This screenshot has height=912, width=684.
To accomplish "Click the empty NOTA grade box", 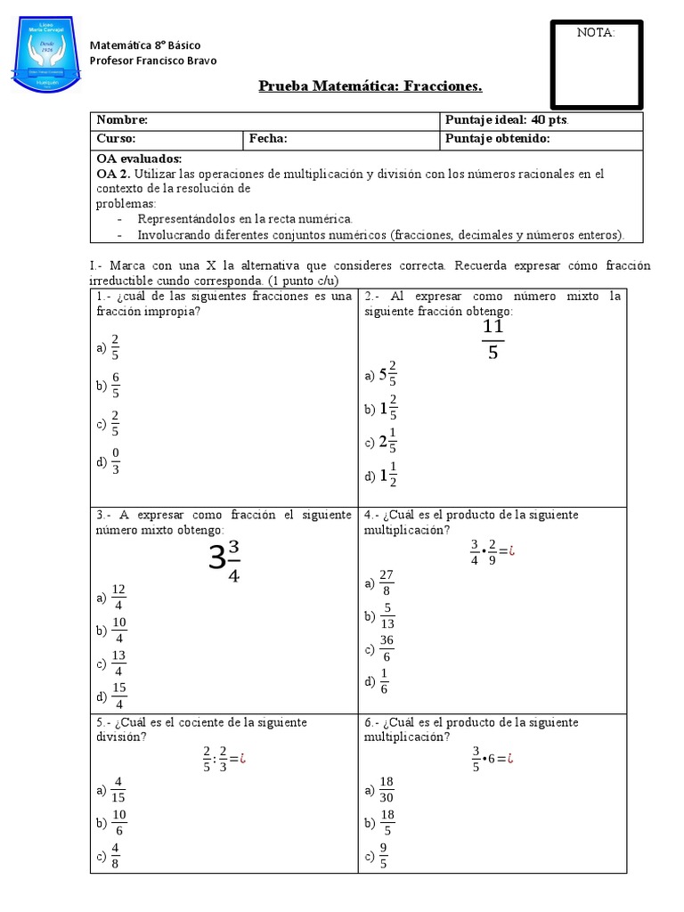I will tap(597, 65).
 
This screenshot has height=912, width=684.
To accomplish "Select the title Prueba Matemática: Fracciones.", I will tap(370, 86).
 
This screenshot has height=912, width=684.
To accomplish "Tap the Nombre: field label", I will tap(122, 120).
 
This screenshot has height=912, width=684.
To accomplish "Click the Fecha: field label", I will tap(268, 139).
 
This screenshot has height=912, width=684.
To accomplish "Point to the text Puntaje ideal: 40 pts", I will tap(506, 120).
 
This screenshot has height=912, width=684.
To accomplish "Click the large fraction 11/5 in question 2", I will tap(493, 340).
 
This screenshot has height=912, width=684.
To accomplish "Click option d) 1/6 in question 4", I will tap(378, 682).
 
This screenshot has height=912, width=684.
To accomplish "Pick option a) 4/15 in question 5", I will tap(111, 790).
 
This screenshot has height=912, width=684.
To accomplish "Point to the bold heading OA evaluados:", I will tap(138, 159).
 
